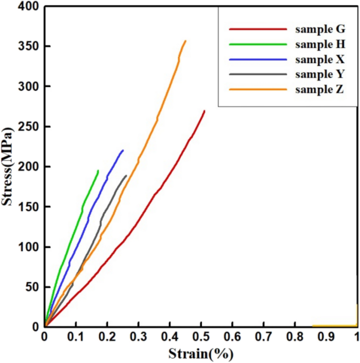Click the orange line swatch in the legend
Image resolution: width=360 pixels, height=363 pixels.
pos(258,89)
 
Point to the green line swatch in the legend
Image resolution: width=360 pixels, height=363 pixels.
pos(258,45)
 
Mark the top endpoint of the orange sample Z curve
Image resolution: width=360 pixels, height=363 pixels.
pos(185,41)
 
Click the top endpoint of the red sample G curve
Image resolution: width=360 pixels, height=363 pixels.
pos(204,111)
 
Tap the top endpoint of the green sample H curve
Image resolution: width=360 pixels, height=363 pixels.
pos(98,170)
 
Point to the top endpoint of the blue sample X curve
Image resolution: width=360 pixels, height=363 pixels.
pos(122,150)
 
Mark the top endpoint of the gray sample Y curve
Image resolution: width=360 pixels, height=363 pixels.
pos(126,175)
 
